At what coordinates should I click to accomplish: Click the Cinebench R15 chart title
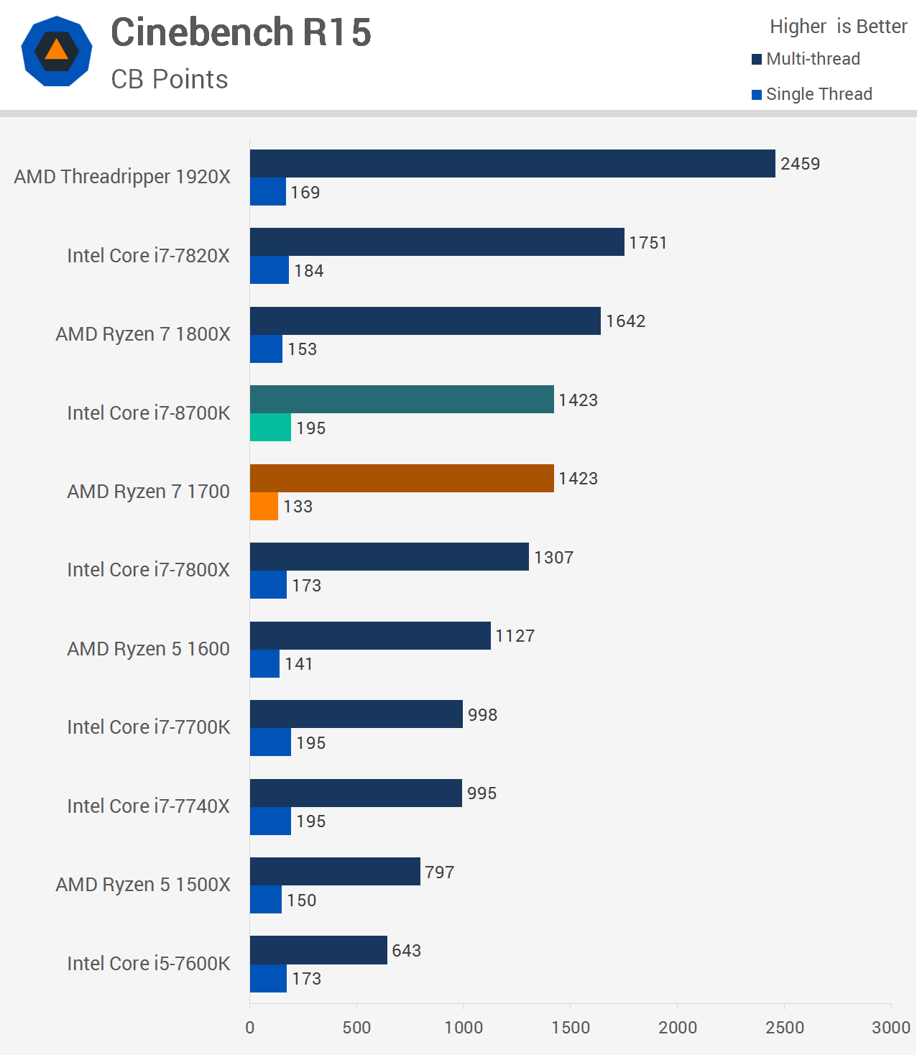241,32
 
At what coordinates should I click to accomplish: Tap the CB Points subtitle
169,79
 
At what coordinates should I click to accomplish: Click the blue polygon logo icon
57,51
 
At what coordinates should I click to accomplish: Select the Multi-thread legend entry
806,59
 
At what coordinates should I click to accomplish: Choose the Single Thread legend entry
812,94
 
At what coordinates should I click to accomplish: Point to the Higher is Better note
838,27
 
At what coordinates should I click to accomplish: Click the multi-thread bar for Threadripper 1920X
512,164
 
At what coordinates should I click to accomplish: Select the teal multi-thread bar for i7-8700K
402,400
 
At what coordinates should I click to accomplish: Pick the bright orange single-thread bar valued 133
264,507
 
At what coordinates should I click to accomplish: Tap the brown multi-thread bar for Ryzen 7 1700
402,479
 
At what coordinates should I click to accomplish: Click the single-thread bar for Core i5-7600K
268,979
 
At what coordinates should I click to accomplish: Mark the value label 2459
800,164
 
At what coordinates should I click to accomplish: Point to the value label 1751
648,243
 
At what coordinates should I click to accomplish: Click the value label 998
482,715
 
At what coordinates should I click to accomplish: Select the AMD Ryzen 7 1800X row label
143,334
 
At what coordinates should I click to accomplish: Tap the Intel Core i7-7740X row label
148,806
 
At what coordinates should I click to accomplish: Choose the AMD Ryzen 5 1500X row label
143,885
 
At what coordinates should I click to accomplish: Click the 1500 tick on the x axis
570,1028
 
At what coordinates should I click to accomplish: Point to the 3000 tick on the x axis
890,1028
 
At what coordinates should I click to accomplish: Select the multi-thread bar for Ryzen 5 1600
370,636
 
